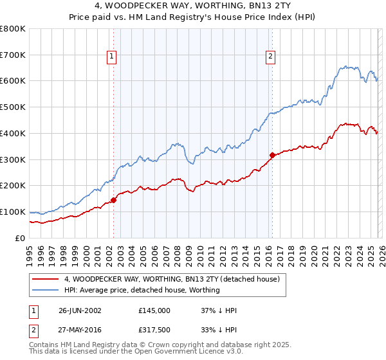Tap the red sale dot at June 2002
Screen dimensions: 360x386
click(114, 200)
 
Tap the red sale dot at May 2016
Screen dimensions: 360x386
click(272, 155)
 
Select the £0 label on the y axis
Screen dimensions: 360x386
click(20, 238)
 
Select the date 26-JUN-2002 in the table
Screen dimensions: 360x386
click(80, 310)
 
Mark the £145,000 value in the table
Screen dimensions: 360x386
click(154, 310)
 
